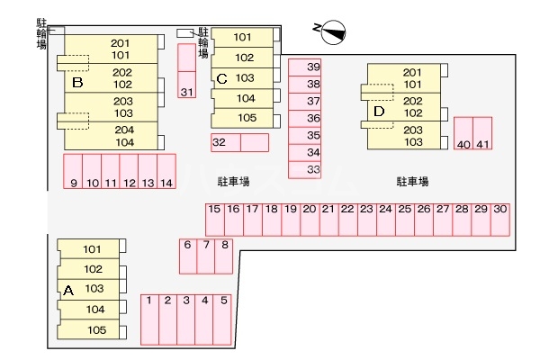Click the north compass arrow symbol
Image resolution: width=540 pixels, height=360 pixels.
click(x=329, y=31)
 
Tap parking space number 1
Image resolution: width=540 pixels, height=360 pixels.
click(x=150, y=319)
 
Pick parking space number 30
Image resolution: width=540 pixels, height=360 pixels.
click(x=500, y=219)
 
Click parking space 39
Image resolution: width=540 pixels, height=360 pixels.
click(x=313, y=67)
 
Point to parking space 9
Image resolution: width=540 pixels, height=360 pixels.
click(x=73, y=171)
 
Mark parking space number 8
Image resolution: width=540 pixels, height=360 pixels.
click(x=224, y=256)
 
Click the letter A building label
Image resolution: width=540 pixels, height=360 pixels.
click(x=67, y=290)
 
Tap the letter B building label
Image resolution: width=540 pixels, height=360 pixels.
click(x=77, y=83)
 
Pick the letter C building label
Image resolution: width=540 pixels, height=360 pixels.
click(x=221, y=78)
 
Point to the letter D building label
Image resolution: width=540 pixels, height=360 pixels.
click(x=379, y=112)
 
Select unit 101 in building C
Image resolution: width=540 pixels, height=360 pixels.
click(x=243, y=38)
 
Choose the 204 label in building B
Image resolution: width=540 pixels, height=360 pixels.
click(x=125, y=130)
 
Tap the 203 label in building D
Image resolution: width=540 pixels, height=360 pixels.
click(x=413, y=130)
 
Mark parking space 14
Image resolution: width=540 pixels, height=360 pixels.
click(x=166, y=171)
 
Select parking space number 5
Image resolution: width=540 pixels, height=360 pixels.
click(x=222, y=319)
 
